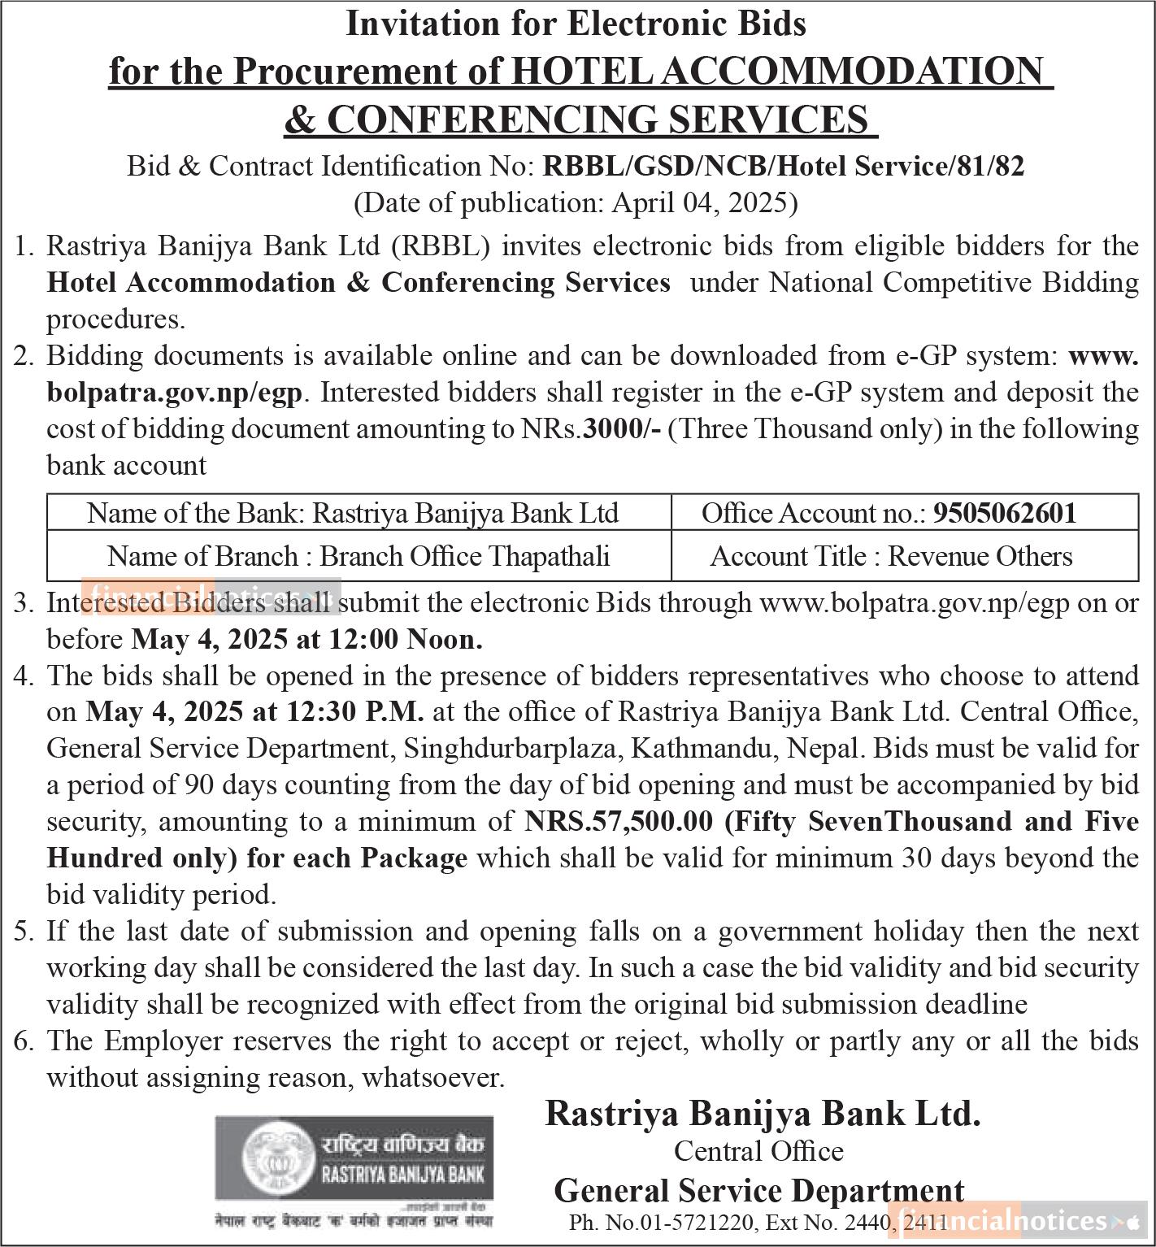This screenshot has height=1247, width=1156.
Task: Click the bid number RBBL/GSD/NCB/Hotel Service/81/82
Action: click(783, 166)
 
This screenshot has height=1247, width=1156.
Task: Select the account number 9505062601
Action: click(1005, 513)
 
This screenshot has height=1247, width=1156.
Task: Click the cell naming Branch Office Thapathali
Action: click(359, 556)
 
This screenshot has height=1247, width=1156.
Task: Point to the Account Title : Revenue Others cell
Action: click(891, 556)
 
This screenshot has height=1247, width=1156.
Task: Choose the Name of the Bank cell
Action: click(352, 513)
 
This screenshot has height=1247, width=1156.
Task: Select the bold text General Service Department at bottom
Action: click(758, 1191)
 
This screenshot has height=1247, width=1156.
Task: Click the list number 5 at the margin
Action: click(22, 932)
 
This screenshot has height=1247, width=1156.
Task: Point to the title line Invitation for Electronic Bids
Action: click(576, 24)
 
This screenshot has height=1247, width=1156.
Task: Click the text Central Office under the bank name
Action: click(758, 1151)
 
